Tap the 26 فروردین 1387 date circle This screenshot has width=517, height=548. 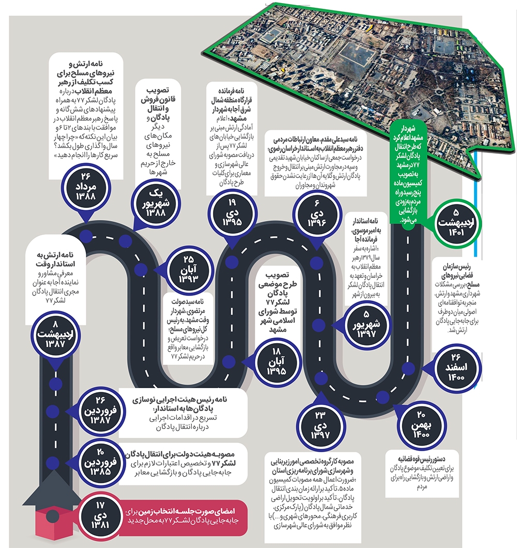(100, 410)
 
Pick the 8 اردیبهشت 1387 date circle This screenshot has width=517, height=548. (55, 334)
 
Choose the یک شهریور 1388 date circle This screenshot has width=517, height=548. (156, 203)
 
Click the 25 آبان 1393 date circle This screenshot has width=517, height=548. (188, 270)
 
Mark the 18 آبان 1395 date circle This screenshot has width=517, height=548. (277, 361)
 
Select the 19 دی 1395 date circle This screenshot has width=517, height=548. (232, 213)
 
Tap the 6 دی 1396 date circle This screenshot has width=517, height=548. (316, 214)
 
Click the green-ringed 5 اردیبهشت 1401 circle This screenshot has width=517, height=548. (456, 223)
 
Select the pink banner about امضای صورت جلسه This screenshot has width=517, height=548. (183, 516)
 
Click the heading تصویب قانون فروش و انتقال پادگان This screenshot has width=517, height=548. (158, 104)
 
